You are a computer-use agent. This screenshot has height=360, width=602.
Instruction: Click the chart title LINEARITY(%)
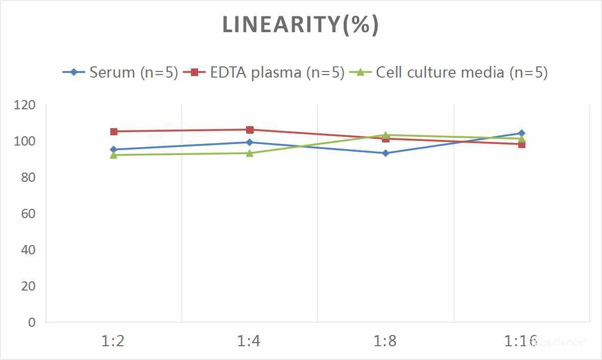300,25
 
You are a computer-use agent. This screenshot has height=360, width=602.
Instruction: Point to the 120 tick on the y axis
25,105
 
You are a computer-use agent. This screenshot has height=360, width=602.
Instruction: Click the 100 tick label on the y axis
25,141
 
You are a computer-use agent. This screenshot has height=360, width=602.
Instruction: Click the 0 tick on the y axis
32,322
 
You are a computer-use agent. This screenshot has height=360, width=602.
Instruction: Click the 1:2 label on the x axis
113,341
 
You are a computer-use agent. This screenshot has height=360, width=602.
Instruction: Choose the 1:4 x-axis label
249,341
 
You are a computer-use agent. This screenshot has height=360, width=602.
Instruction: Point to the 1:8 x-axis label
386,341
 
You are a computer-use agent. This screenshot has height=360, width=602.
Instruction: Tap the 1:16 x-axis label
521,341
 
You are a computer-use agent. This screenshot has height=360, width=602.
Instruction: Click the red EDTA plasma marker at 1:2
114,132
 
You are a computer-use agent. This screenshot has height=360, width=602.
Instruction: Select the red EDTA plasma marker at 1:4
250,130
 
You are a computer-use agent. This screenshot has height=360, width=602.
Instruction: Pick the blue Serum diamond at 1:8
386,153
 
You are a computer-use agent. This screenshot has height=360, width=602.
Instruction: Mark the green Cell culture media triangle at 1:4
250,153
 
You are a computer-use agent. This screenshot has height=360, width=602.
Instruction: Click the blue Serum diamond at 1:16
521,133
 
